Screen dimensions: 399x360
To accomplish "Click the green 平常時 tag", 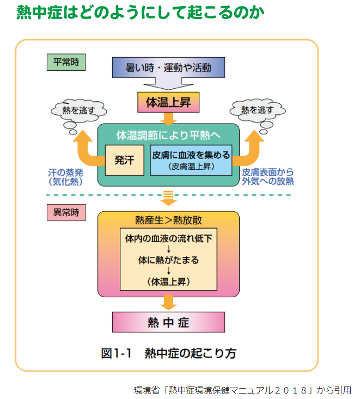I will click(x=66, y=62).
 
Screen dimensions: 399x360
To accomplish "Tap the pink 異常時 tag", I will click(x=66, y=213).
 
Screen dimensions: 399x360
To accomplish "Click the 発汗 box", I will click(x=124, y=160).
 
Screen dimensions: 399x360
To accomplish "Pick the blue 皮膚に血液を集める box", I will click(x=190, y=160).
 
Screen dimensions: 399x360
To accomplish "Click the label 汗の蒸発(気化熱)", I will click(x=65, y=176).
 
